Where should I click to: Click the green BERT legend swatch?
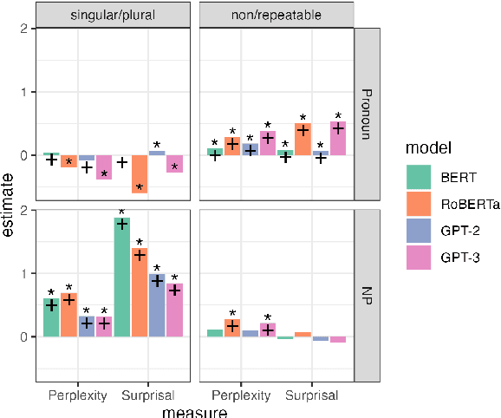click(418, 177)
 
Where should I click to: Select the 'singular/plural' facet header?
click(113, 14)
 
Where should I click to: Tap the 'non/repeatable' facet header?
click(277, 14)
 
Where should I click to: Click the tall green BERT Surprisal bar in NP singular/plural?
click(122, 278)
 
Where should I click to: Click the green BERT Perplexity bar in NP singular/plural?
click(51, 317)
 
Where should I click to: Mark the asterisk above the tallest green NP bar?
click(122, 212)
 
